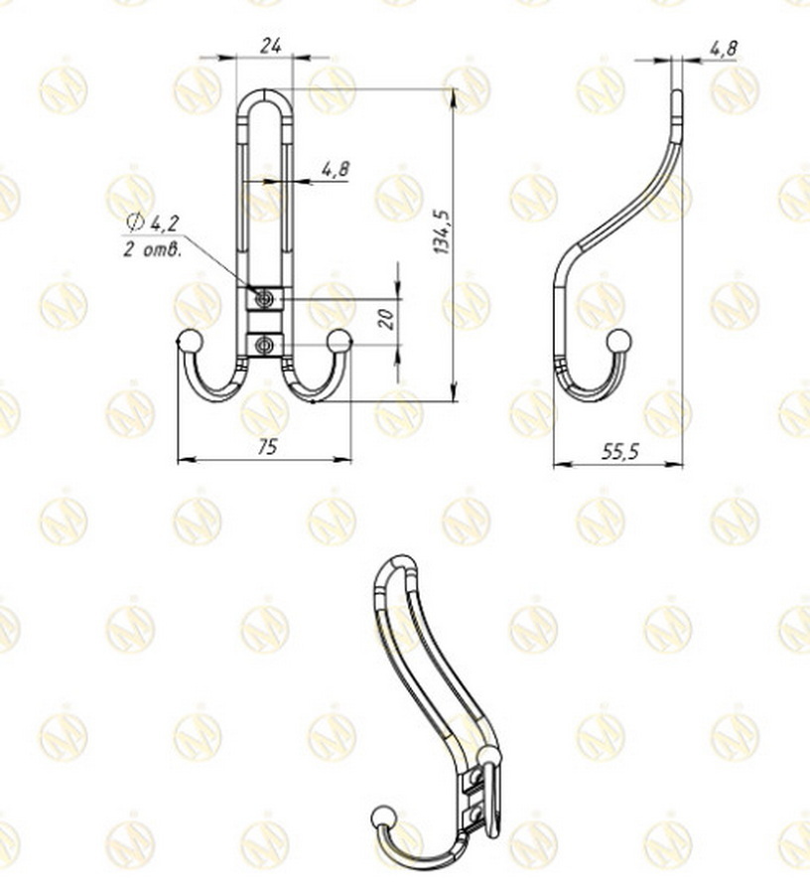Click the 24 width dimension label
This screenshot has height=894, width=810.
point(269,46)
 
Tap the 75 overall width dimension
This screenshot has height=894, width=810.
point(267,447)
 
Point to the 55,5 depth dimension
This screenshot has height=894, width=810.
point(620,451)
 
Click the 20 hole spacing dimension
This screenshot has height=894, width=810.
point(387,318)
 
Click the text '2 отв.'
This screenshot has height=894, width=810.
point(152,249)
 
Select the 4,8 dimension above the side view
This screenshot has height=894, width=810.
point(723,46)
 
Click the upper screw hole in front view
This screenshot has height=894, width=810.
point(264,298)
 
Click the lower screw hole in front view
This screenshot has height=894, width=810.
point(264,345)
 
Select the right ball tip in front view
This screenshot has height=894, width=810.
point(339,340)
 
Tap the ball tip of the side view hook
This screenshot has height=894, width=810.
point(618,340)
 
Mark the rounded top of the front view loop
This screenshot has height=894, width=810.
point(265,95)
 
